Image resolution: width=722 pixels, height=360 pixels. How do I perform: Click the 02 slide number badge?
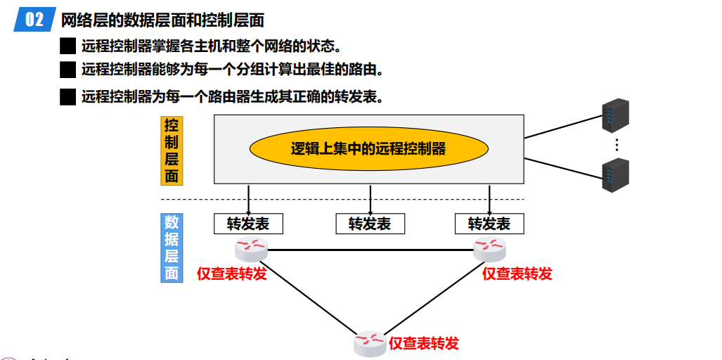click(34, 20)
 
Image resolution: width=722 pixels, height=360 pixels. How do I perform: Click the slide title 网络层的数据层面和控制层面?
click(162, 20)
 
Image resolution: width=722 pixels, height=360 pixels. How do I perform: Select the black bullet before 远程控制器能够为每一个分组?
click(67, 70)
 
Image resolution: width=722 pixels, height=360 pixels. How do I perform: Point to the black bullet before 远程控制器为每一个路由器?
click(67, 97)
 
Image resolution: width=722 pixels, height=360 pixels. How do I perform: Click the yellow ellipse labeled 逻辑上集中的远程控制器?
click(368, 149)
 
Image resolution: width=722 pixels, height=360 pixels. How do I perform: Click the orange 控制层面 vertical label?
click(172, 150)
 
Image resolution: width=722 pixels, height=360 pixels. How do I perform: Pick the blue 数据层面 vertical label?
click(172, 247)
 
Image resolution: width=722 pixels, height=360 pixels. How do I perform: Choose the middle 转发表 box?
click(370, 224)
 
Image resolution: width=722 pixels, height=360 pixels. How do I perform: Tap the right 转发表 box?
click(489, 224)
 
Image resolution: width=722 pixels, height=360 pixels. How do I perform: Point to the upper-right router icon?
click(489, 247)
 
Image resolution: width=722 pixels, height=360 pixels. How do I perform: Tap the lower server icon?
click(615, 176)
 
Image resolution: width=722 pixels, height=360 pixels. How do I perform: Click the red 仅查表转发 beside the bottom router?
click(423, 343)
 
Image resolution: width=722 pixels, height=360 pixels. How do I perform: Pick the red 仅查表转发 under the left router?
click(232, 274)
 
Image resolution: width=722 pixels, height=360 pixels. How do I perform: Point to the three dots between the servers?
click(616, 145)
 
